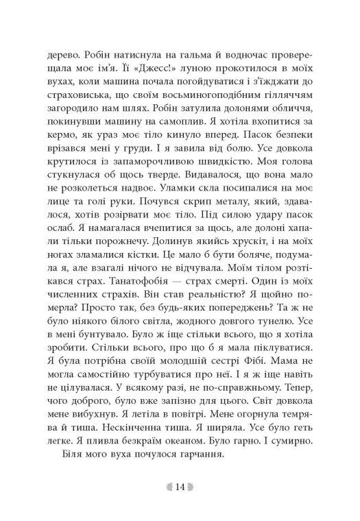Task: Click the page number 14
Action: click(x=180, y=487)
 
